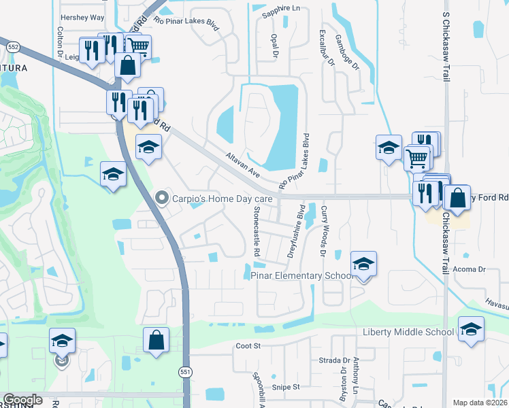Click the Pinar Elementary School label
click(302, 275)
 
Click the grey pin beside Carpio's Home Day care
click(162, 199)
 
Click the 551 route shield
click(186, 373)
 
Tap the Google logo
click(22, 400)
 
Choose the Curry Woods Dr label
click(324, 231)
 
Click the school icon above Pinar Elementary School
click(364, 264)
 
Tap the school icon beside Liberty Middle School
click(472, 330)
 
